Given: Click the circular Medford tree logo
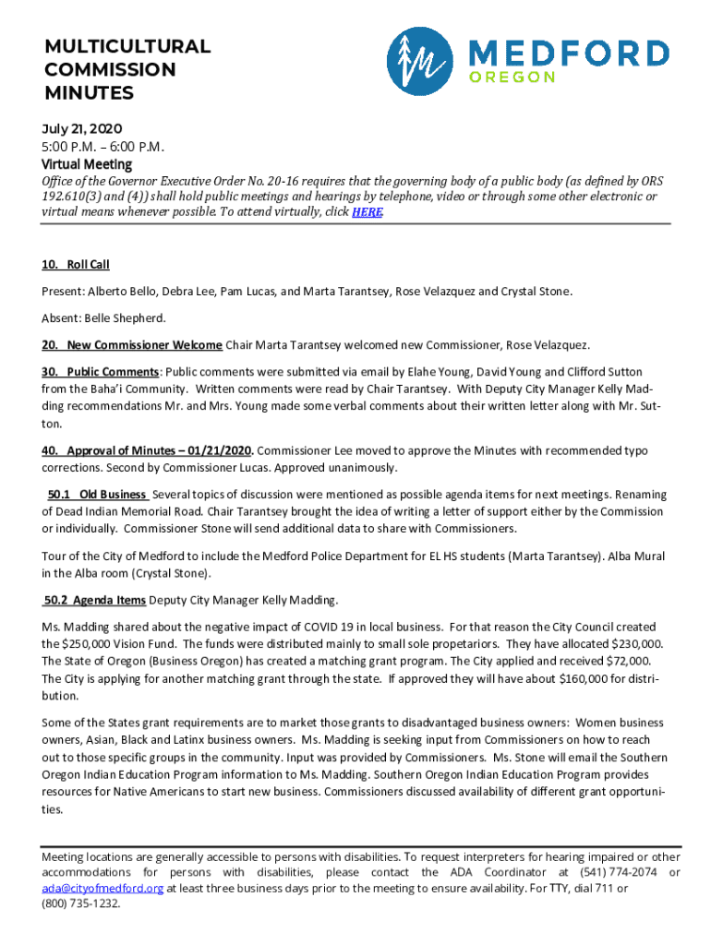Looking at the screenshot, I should click(x=420, y=60).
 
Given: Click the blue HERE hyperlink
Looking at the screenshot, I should click(x=367, y=211).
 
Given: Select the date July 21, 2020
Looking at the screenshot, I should click(x=82, y=128).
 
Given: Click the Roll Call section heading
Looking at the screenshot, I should click(x=76, y=265).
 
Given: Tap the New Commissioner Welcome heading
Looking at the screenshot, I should click(x=131, y=345).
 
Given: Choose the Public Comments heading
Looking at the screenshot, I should click(x=101, y=371).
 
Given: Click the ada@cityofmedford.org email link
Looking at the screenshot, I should click(x=102, y=888).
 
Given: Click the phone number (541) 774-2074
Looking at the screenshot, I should click(x=618, y=872).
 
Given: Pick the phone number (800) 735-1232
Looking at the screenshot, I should click(x=81, y=903).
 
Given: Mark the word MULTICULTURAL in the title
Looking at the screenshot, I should click(x=127, y=46).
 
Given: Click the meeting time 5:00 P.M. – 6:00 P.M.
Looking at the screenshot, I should click(x=102, y=147).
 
